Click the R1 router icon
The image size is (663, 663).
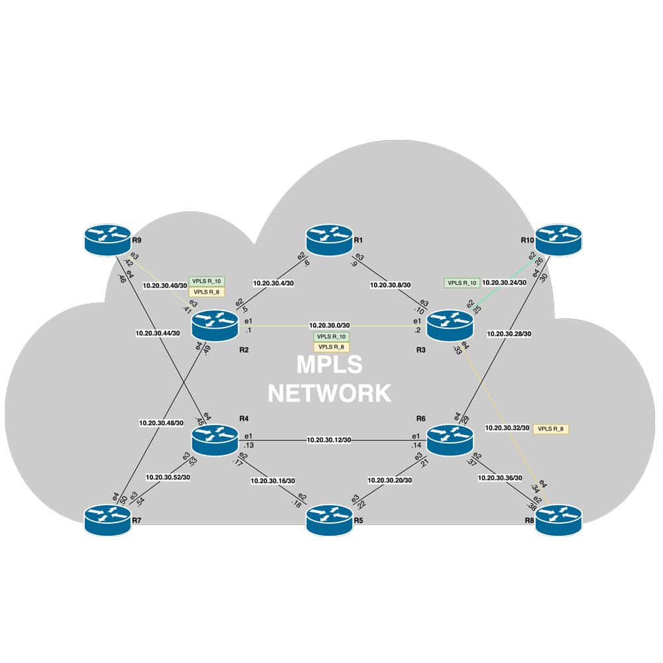pyautogui.click(x=330, y=239)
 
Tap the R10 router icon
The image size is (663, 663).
pyautogui.click(x=558, y=239)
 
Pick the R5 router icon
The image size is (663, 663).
pyautogui.click(x=330, y=520)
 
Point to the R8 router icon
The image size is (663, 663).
pyautogui.click(x=558, y=520)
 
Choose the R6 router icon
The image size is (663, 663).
pyautogui.click(x=450, y=440)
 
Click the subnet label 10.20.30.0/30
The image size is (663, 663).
pyautogui.click(x=330, y=326)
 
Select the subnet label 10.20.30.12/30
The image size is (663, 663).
pyautogui.click(x=329, y=440)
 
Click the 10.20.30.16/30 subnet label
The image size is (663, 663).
pyautogui.click(x=273, y=481)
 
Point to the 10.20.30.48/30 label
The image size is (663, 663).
pyautogui.click(x=161, y=422)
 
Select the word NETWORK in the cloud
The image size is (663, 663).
pyautogui.click(x=330, y=393)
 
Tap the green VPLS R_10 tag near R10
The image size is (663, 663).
pyautogui.click(x=461, y=283)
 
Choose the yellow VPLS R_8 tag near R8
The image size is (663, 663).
pyautogui.click(x=550, y=429)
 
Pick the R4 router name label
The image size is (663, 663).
pyautogui.click(x=243, y=419)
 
